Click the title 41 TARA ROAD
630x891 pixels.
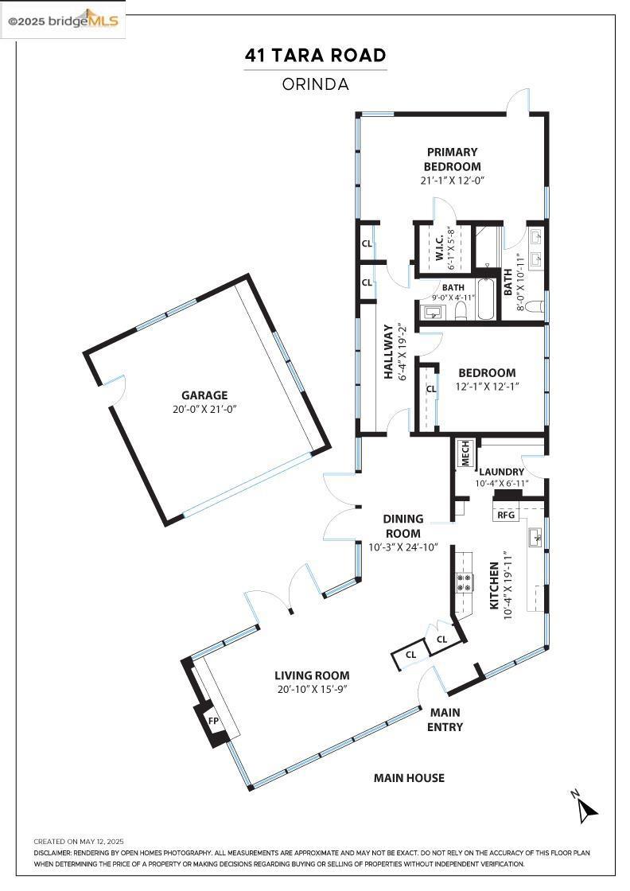315,55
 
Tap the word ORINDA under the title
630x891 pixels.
315,84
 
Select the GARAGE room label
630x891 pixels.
204,395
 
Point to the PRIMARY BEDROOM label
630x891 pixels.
452,159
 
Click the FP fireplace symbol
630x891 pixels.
214,721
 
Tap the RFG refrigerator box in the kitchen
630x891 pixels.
506,515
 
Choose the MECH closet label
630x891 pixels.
466,453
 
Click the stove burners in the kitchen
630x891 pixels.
464,582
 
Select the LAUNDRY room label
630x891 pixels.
501,472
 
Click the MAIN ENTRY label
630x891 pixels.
445,719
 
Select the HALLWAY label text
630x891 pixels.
388,351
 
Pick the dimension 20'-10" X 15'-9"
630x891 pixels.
312,689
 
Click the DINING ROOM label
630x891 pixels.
402,526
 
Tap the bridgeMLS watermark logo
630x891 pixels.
63,21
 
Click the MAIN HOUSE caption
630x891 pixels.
409,778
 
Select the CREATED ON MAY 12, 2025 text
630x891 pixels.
79,842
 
